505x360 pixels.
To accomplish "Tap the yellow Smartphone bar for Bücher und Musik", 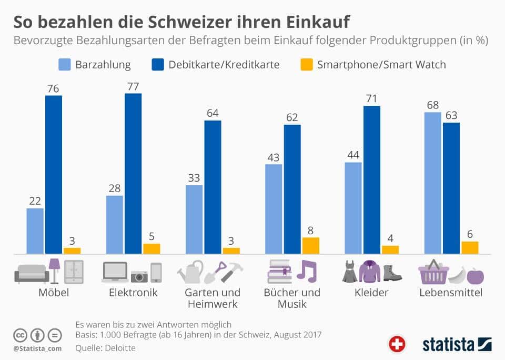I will tap(310, 246).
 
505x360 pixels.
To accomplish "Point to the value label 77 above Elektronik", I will tap(133, 86).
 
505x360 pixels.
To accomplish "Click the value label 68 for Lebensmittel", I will tap(433, 104).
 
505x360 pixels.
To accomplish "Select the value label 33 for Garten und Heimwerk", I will tap(194, 177).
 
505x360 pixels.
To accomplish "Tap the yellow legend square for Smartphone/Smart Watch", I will tap(306, 65).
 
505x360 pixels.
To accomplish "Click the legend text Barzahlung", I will tap(103, 65).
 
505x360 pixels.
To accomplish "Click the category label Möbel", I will tap(54, 293).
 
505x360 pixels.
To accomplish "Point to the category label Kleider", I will tap(372, 293).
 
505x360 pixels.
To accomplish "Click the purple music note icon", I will tap(307, 271).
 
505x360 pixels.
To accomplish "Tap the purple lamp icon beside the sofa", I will tap(54, 271).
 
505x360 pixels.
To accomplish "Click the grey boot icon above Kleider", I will tap(392, 272).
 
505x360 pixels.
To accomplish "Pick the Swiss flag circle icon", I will tap(397, 344).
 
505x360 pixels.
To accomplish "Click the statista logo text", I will tap(447, 344).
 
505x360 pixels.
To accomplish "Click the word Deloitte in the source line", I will tap(121, 347).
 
